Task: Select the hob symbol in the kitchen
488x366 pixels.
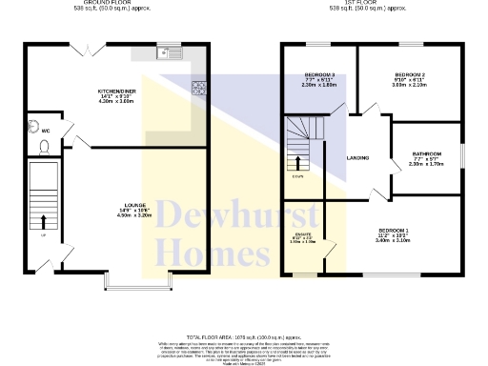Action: pos(201,90)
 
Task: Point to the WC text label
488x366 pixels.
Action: pos(45,130)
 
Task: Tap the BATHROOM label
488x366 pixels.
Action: pos(426,154)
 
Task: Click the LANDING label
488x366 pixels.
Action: pos(357,158)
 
